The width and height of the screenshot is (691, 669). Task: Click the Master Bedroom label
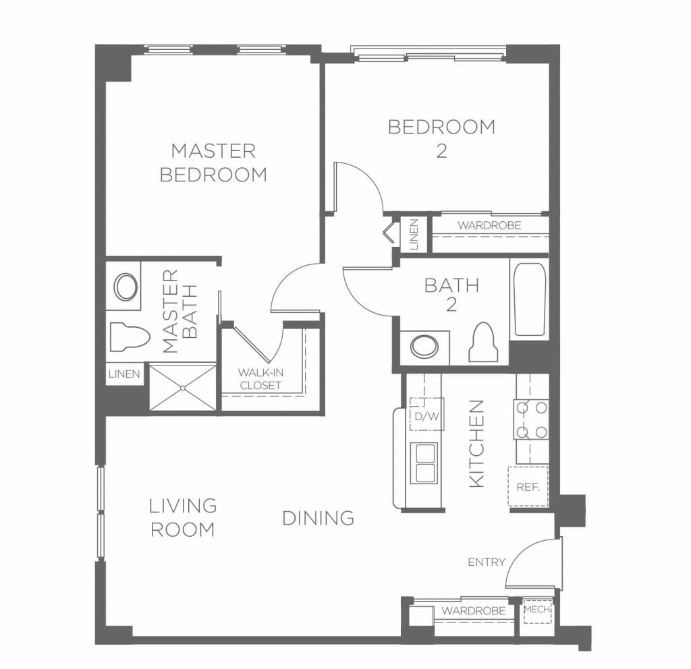(x=213, y=163)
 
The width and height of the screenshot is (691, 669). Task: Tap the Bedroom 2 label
(x=441, y=139)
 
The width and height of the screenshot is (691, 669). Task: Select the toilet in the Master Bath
(x=130, y=337)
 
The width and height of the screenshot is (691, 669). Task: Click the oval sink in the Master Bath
(x=126, y=287)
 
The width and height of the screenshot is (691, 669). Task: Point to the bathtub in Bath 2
(x=529, y=299)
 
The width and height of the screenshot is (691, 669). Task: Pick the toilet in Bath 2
(x=483, y=342)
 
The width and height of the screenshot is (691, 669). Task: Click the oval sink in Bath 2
(x=424, y=347)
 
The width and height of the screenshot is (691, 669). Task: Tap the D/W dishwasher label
(x=427, y=416)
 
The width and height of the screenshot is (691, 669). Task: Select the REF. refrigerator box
(x=528, y=486)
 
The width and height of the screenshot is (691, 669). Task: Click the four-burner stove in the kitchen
(x=531, y=419)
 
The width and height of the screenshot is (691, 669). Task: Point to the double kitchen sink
(x=424, y=463)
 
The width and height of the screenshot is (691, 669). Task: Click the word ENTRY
(x=487, y=562)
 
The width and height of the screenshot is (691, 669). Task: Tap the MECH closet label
(x=537, y=610)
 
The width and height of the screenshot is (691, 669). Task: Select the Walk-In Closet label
(x=260, y=379)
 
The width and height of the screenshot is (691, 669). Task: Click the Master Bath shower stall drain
(x=183, y=388)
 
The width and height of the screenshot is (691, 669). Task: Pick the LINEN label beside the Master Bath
(x=124, y=374)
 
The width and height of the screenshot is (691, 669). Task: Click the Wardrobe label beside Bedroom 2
(x=490, y=225)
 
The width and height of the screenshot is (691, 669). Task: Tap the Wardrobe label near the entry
(x=474, y=611)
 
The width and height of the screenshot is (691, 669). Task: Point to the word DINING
(x=319, y=518)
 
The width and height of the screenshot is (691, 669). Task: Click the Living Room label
(x=183, y=517)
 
